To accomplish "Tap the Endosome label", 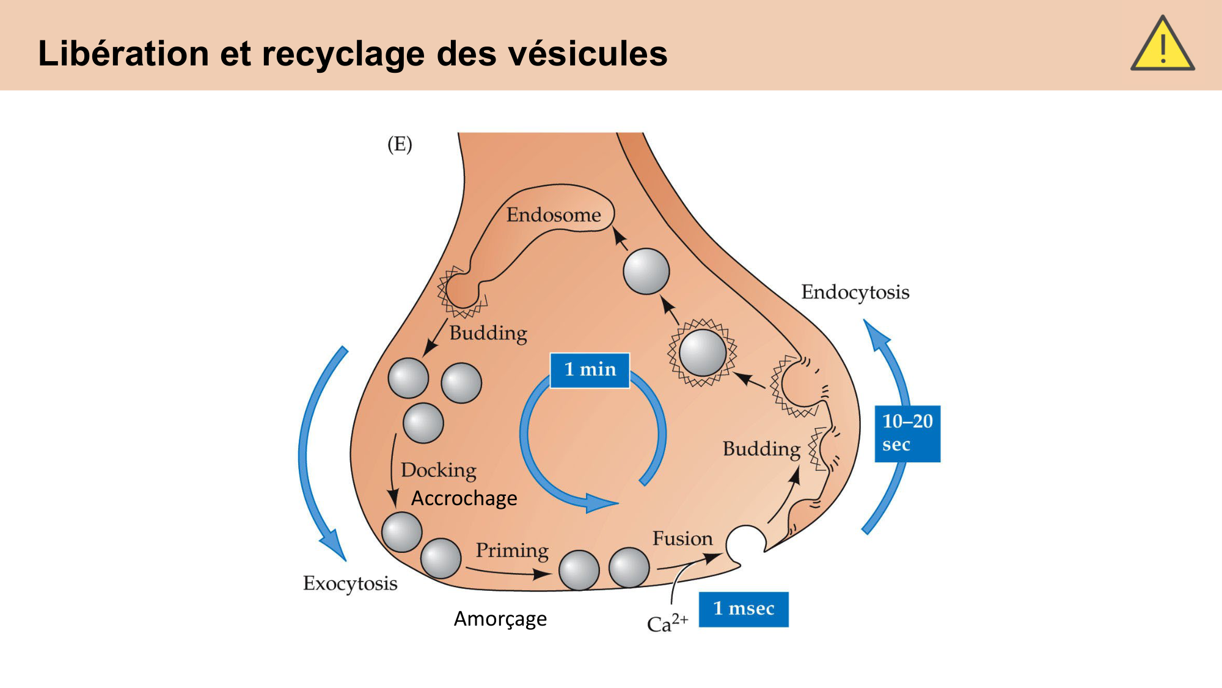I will click(554, 215).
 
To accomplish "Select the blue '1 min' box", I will click(590, 370).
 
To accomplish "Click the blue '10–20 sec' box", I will click(907, 433).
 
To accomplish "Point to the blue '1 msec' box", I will click(744, 609).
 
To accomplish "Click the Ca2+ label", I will click(667, 623).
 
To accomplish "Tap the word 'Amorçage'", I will click(500, 619).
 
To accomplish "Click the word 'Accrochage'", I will click(464, 498).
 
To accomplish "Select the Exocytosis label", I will click(350, 583).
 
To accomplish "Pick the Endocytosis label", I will click(855, 292).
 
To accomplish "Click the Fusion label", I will click(682, 539).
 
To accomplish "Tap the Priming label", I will click(512, 550).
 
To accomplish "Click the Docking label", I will click(439, 470).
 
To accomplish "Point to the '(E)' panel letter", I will click(400, 144).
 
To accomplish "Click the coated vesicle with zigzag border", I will click(702, 353).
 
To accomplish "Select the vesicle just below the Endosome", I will click(646, 272).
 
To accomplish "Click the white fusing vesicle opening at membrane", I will click(745, 541).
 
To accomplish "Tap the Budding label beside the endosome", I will click(488, 333).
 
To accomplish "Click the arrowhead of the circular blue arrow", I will click(601, 503).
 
